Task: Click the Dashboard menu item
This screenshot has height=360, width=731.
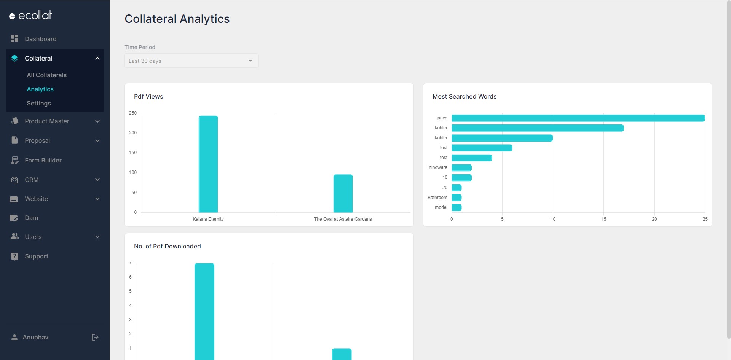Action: click(40, 39)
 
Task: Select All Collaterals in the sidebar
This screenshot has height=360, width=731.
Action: click(46, 75)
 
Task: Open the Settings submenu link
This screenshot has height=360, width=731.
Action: click(39, 103)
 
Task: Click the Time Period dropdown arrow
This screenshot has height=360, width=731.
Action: click(251, 61)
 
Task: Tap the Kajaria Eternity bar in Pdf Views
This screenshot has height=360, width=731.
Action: click(208, 164)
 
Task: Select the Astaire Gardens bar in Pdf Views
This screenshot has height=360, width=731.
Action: click(343, 193)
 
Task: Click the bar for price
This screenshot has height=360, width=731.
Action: click(578, 118)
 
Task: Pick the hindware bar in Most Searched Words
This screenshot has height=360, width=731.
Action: click(461, 167)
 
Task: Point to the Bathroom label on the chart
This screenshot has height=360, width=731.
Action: click(437, 198)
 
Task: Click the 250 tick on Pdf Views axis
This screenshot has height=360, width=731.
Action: click(132, 113)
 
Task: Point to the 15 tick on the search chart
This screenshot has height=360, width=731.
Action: click(603, 219)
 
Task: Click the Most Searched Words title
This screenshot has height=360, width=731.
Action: click(464, 97)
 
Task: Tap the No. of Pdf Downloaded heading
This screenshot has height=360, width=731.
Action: click(167, 247)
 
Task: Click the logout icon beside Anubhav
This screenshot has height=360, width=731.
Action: click(95, 337)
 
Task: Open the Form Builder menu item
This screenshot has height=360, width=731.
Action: click(43, 160)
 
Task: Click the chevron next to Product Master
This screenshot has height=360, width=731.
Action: click(97, 121)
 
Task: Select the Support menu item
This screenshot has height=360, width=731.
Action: click(37, 256)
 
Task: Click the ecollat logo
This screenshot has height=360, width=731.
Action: click(30, 15)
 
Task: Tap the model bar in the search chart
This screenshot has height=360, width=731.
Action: click(456, 207)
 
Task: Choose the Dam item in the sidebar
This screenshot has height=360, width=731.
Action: click(31, 218)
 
